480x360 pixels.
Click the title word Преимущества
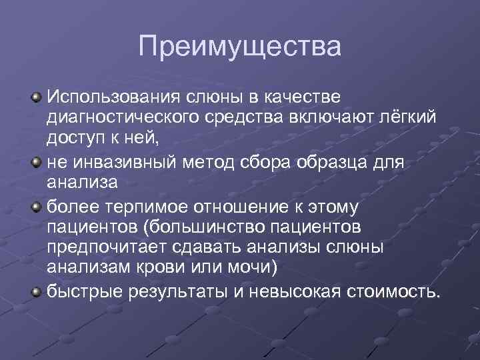pos(239,47)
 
